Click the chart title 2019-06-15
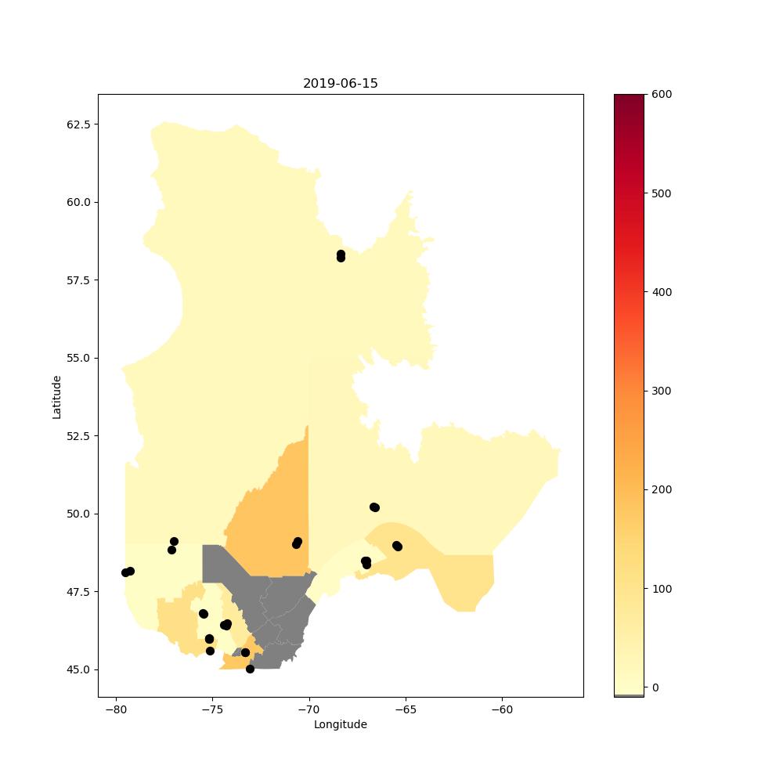340,84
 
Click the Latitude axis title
56,397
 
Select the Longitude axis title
340,724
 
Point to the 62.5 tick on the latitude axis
79,124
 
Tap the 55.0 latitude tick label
79,358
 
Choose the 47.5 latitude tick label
79,592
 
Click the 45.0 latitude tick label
79,669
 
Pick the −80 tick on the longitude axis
117,709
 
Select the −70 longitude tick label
309,709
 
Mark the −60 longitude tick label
502,709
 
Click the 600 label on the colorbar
662,95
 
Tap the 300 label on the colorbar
662,391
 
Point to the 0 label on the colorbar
655,687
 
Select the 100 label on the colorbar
662,589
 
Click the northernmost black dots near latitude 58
341,256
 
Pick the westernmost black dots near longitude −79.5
128,572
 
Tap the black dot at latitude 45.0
251,669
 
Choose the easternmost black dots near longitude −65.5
398,547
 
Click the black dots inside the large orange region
297,543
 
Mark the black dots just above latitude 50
374,507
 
